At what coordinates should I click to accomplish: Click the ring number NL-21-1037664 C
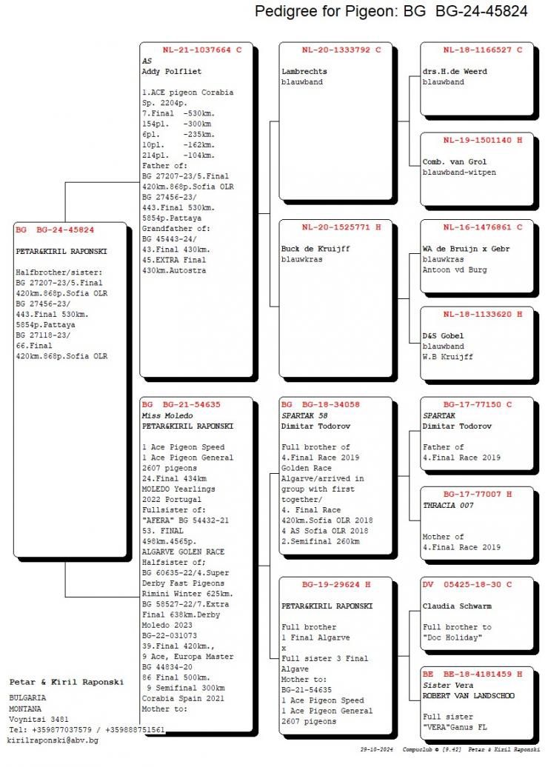click(x=202, y=50)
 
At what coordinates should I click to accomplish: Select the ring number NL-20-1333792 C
click(x=341, y=50)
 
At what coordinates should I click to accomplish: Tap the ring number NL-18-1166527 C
click(x=483, y=50)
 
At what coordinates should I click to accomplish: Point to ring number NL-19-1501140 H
click(x=483, y=140)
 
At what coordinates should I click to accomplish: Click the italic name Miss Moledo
click(x=167, y=416)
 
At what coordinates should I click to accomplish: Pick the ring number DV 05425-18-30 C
click(x=478, y=584)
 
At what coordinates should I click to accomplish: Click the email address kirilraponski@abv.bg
click(x=53, y=740)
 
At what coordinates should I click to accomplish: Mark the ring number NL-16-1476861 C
click(x=483, y=227)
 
